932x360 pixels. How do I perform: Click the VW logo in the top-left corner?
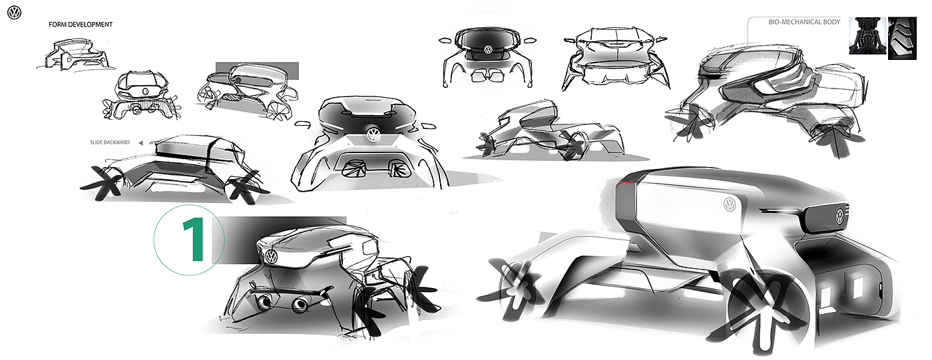[14, 13]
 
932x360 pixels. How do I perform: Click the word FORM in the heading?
[57, 25]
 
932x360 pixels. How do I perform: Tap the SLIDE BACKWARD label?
[110, 142]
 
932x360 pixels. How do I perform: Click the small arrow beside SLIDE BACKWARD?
[140, 142]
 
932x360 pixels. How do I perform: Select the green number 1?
[194, 240]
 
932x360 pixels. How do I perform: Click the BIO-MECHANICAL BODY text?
[804, 22]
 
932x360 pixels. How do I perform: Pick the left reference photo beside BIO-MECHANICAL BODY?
[867, 36]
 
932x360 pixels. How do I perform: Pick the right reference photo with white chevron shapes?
[902, 38]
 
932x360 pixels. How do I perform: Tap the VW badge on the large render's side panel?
[730, 204]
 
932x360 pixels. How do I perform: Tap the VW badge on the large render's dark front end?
[840, 216]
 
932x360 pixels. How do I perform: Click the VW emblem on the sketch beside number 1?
[271, 256]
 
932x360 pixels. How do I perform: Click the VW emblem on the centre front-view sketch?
[373, 135]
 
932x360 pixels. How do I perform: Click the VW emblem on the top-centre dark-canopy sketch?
[487, 49]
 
